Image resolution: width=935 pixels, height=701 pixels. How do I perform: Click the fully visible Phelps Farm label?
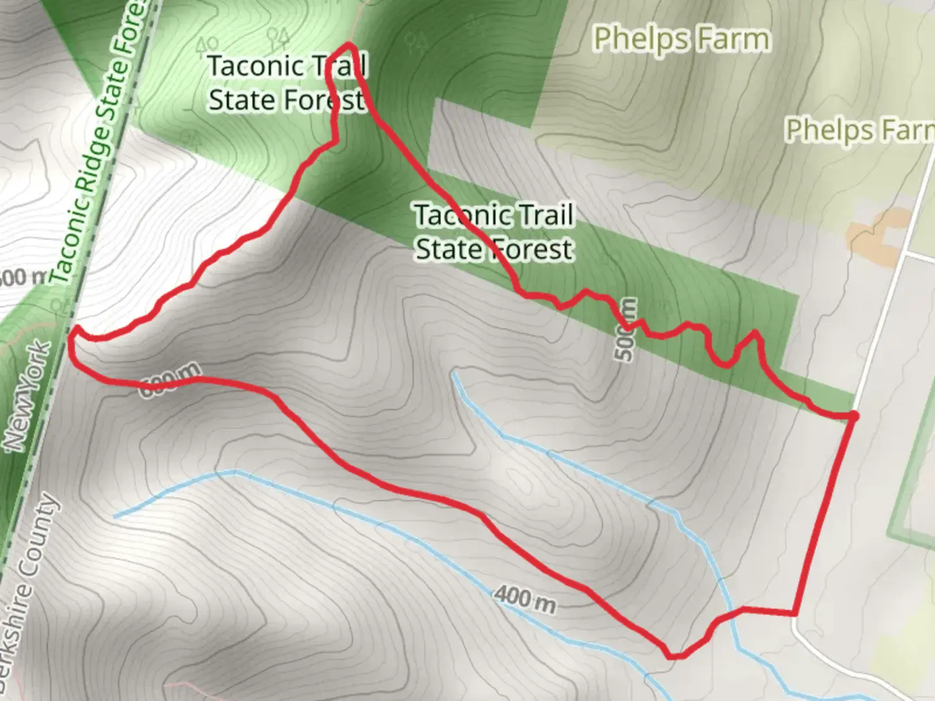tap(682, 40)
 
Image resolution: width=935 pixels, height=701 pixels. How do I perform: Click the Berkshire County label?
tap(29, 591)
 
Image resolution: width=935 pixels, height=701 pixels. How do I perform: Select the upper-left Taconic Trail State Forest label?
tap(287, 83)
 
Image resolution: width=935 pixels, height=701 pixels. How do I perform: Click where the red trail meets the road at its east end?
tap(853, 415)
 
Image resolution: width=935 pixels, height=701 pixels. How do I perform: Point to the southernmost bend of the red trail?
tap(675, 656)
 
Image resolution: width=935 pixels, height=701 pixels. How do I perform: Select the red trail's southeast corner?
tap(794, 612)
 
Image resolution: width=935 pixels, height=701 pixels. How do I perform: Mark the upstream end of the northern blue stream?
tap(455, 373)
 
